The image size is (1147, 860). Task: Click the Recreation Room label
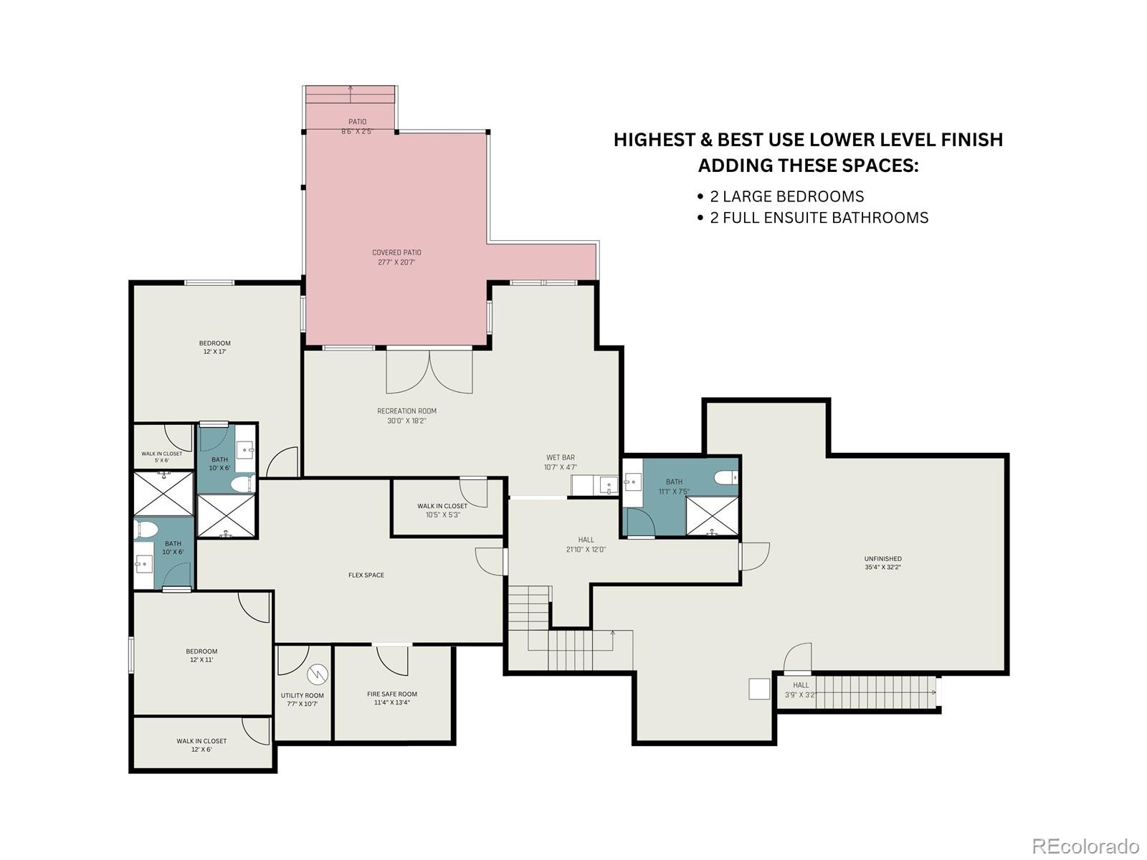(406, 416)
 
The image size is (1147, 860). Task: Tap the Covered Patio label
(396, 257)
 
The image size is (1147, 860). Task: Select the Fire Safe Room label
(392, 698)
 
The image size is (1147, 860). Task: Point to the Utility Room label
(302, 699)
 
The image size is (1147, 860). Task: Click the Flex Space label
(366, 575)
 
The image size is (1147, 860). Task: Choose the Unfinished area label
(882, 563)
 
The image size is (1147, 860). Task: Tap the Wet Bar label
(561, 462)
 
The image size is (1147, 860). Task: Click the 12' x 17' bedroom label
(215, 348)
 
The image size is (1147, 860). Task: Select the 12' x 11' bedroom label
(201, 655)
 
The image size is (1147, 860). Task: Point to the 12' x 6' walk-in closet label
(201, 745)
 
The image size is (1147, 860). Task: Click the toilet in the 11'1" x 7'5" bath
(725, 477)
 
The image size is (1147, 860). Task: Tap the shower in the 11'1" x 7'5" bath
(712, 516)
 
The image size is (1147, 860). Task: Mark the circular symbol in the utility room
(317, 674)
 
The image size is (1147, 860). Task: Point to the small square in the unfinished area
(759, 689)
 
